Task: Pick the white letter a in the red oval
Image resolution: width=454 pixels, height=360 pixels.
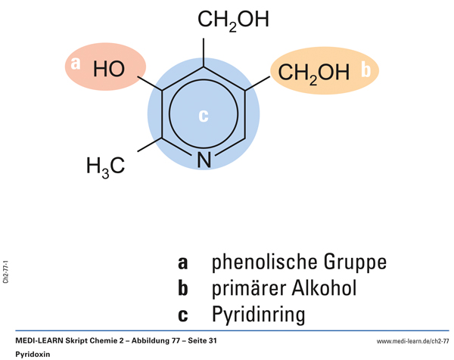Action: coord(75,64)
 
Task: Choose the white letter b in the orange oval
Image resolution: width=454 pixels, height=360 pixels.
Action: coord(365,70)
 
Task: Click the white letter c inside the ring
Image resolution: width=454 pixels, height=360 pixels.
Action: coord(203,116)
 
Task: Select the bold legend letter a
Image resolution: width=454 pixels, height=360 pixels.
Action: coord(182,263)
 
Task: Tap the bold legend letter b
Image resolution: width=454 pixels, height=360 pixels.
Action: coord(182,289)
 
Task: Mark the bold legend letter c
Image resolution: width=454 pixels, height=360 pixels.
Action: coord(182,315)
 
